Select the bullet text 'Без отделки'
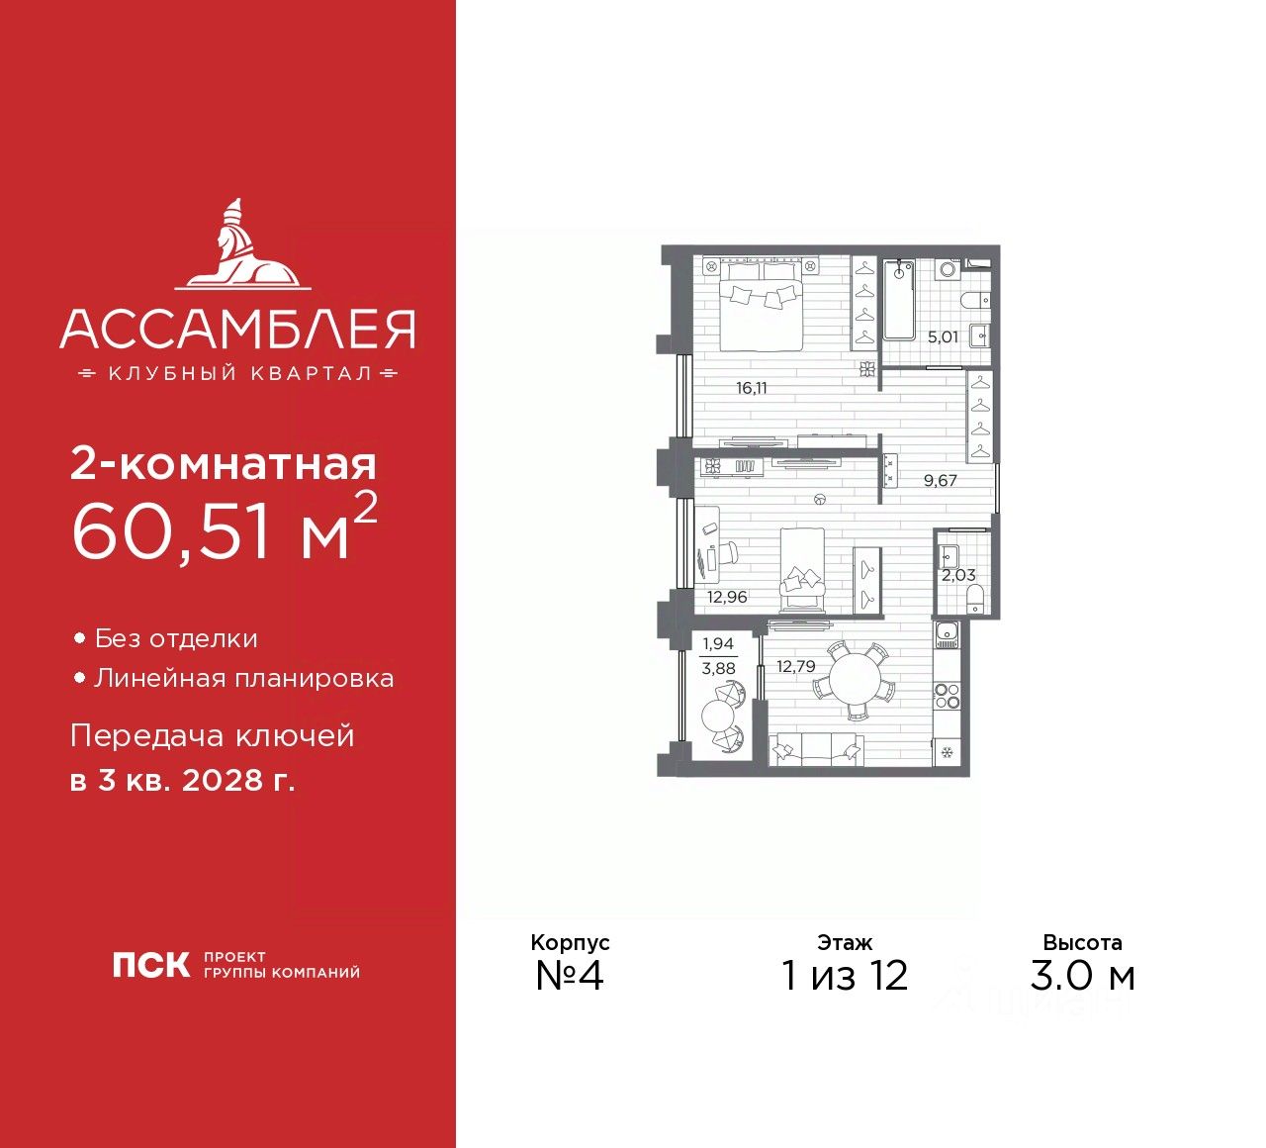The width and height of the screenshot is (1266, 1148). [x=176, y=639]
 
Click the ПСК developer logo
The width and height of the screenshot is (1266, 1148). [x=151, y=965]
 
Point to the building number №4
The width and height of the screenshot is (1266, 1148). [x=570, y=976]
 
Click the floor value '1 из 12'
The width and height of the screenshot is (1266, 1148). [x=845, y=976]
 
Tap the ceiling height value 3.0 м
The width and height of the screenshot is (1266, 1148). [x=1082, y=976]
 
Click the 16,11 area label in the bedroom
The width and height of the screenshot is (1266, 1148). [x=751, y=388]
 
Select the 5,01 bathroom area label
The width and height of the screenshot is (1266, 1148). [x=942, y=337]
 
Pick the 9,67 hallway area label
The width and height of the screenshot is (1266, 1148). [x=940, y=481]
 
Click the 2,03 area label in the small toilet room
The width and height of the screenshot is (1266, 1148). [x=957, y=575]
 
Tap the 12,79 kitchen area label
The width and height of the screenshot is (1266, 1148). [x=795, y=666]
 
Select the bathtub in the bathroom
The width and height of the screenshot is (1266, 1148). [x=899, y=297]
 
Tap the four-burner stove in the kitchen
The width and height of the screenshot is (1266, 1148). [x=947, y=696]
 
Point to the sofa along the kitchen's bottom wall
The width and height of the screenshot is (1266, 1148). [x=816, y=751]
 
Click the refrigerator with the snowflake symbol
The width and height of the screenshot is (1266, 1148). [x=947, y=753]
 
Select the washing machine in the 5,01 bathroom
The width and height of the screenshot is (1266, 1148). [x=948, y=269]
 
